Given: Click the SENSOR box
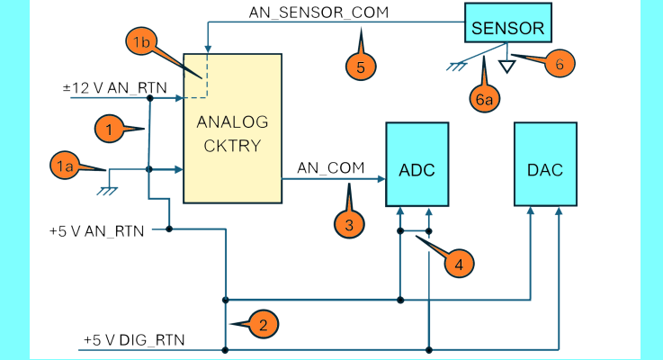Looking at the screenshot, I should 507,28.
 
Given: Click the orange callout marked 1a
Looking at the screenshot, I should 63,166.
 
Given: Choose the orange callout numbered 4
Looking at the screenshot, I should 458,264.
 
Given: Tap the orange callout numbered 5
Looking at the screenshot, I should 360,66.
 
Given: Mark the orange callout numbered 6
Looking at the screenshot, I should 559,64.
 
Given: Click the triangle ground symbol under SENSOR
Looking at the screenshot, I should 507,65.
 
